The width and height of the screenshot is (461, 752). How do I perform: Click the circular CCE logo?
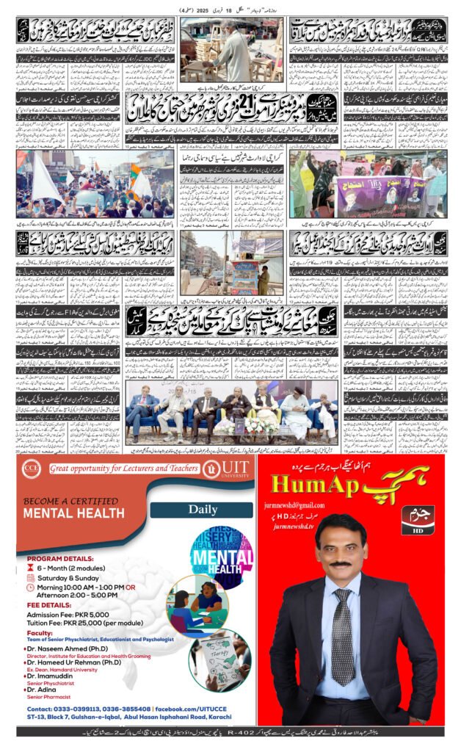31,469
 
